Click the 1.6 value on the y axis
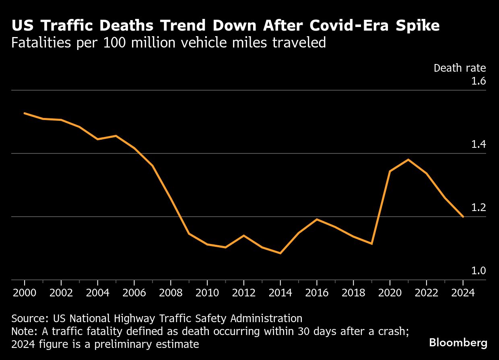tap(478, 81)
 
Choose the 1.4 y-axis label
tap(478, 145)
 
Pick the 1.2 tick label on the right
tap(478, 208)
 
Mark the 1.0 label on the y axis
tap(478, 271)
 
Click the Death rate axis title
tap(460, 68)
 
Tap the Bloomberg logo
tap(458, 343)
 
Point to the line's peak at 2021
tap(408, 159)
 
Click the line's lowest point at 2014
tap(280, 253)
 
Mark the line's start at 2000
tap(25, 113)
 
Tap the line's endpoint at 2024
tap(463, 217)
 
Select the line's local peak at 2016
tap(317, 219)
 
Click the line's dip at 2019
tap(371, 244)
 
